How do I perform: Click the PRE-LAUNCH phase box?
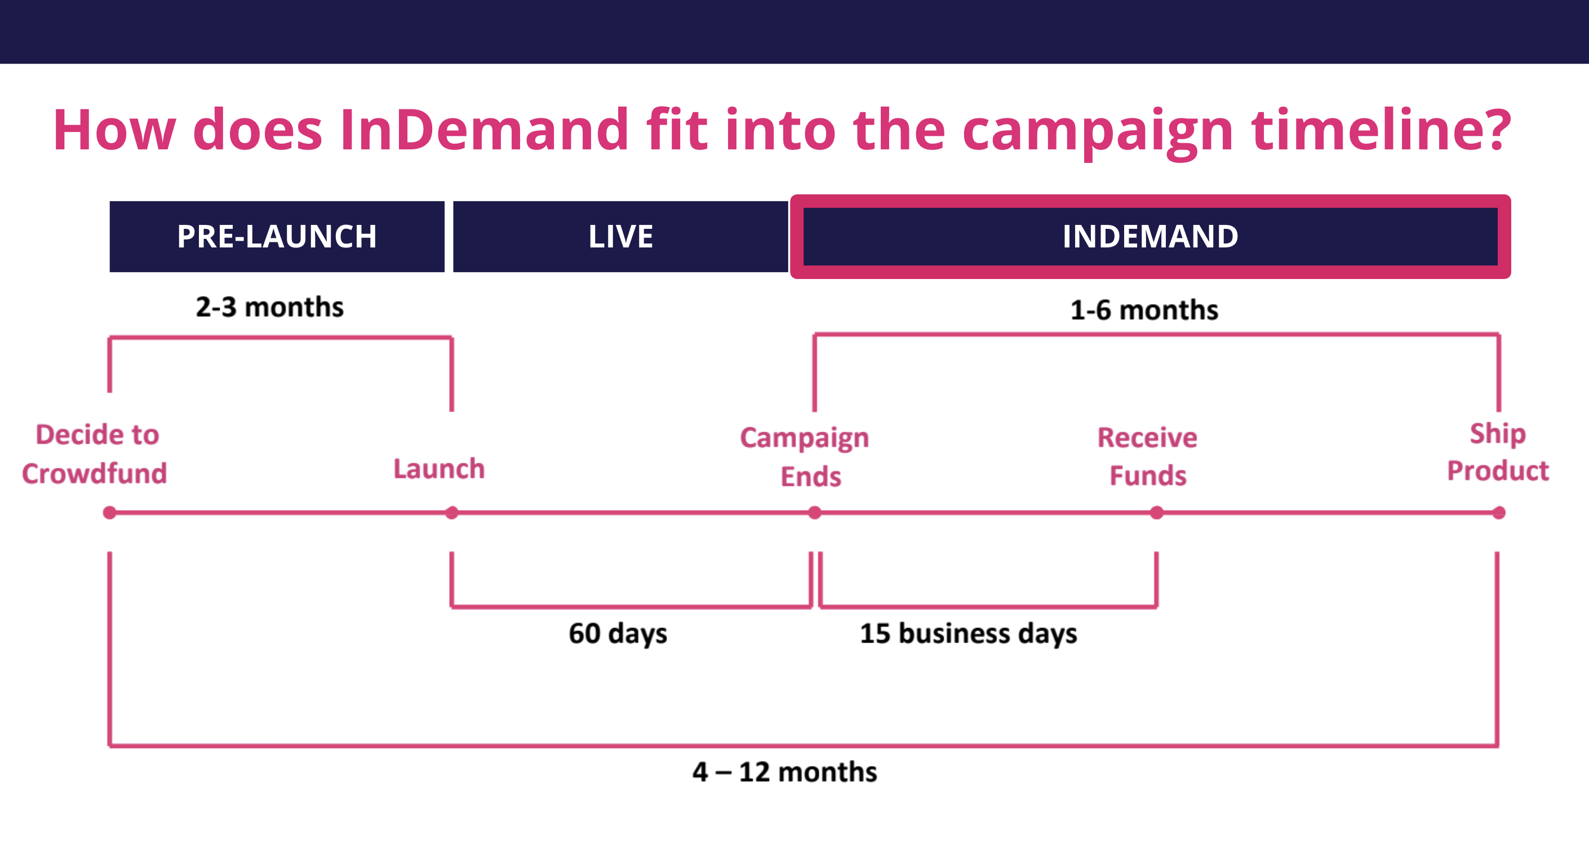click(277, 236)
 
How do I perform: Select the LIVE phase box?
click(620, 236)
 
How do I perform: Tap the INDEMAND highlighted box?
click(1151, 236)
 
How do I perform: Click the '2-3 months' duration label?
click(269, 307)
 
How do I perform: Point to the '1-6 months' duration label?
click(1144, 309)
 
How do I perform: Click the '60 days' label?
click(618, 634)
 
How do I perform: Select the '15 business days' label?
click(969, 634)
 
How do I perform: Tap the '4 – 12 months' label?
click(784, 772)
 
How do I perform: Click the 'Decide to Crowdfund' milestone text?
click(95, 454)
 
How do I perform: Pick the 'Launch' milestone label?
click(439, 469)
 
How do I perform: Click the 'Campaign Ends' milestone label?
click(806, 457)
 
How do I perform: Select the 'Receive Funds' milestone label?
click(1147, 457)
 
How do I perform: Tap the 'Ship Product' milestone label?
click(1498, 452)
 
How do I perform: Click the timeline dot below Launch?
click(451, 512)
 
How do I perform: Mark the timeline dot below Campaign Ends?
click(815, 512)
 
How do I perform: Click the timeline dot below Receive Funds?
click(1157, 512)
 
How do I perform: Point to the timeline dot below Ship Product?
click(1498, 512)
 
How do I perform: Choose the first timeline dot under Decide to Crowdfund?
click(110, 512)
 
